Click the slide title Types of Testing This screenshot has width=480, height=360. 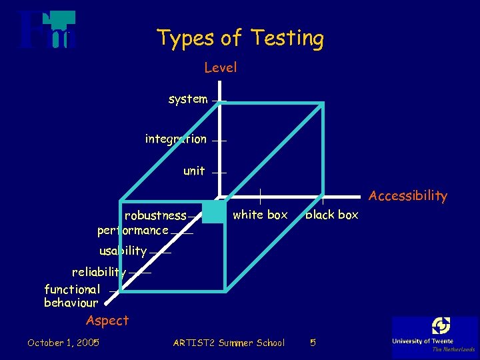241,38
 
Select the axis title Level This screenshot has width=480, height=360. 220,67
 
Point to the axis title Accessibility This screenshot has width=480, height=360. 407,195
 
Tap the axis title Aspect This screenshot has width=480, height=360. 107,321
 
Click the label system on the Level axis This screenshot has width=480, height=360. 188,99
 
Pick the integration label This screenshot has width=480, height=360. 176,139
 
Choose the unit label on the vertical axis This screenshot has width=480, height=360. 194,171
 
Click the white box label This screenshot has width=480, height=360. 260,215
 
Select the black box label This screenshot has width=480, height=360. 332,215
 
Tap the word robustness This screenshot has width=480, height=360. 155,215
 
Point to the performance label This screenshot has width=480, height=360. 133,231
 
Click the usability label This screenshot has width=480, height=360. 123,251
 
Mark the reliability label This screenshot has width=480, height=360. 99,272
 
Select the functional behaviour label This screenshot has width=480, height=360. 71,296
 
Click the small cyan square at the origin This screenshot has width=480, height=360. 213,211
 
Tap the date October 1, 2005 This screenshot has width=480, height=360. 63,343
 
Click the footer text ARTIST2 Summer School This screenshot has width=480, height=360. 229,343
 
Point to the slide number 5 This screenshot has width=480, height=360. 313,343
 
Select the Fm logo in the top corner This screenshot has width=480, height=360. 47,30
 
